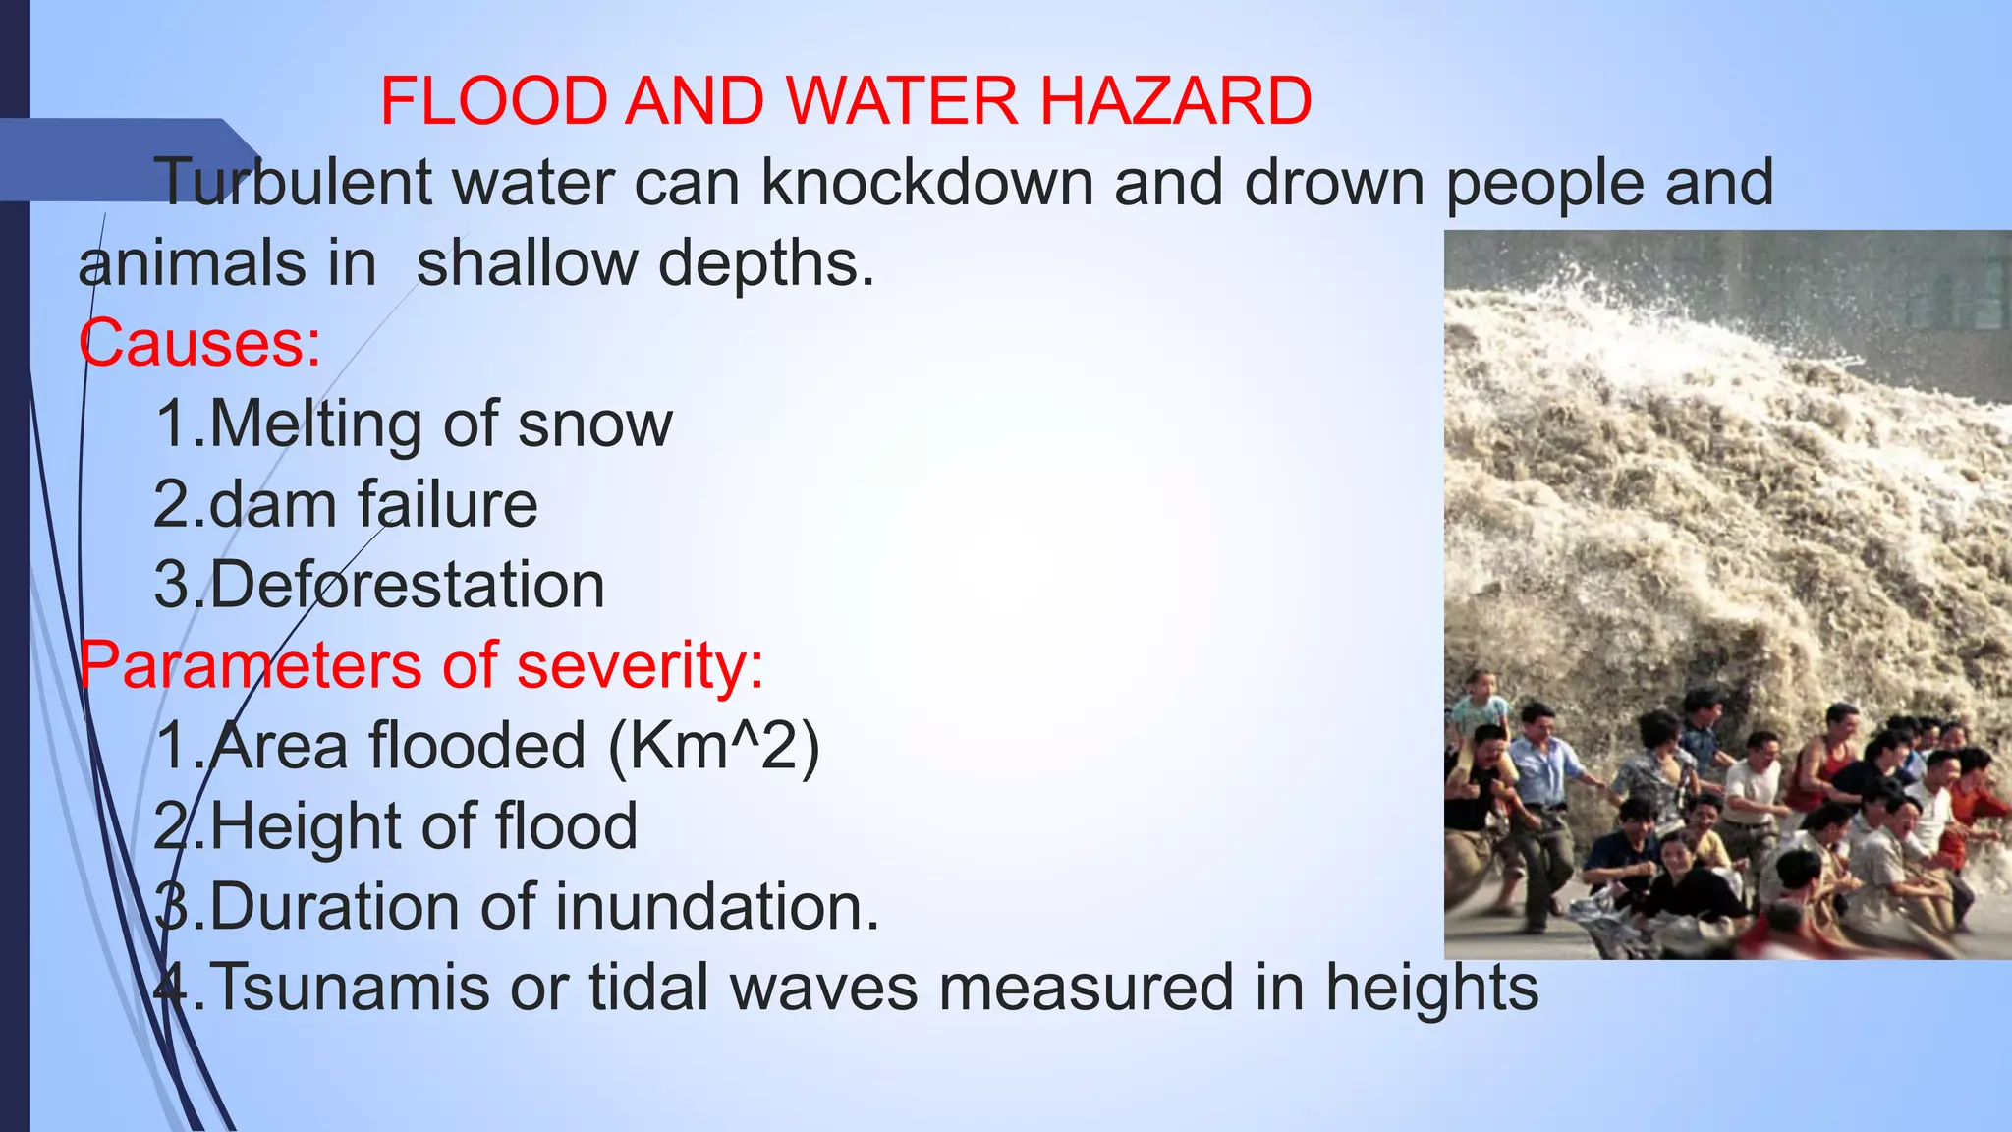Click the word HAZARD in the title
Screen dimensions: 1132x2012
click(x=1175, y=101)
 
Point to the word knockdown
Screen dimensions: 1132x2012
click(x=926, y=183)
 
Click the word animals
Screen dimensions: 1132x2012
click(x=178, y=263)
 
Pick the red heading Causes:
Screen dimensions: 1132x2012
click(x=199, y=344)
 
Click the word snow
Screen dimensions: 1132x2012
click(x=594, y=424)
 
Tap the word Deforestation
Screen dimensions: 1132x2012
click(x=407, y=586)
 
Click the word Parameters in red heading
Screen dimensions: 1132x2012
click(x=251, y=665)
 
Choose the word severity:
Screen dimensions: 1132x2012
click(x=640, y=665)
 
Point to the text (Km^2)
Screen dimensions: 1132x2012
click(x=713, y=746)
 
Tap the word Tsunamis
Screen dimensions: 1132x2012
click(x=350, y=987)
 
